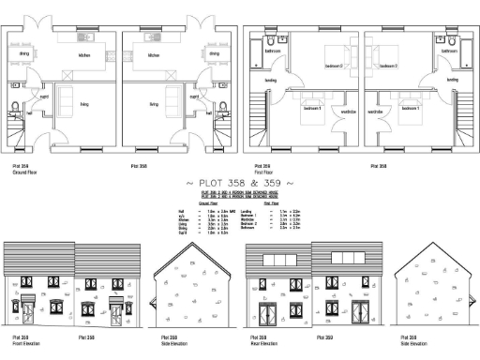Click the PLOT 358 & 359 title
[241, 182]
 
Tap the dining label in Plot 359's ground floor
[24, 53]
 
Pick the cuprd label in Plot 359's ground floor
[43, 96]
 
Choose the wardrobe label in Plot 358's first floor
[375, 112]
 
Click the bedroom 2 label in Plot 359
[334, 66]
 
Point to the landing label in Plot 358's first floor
[452, 80]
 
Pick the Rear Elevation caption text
[262, 344]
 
